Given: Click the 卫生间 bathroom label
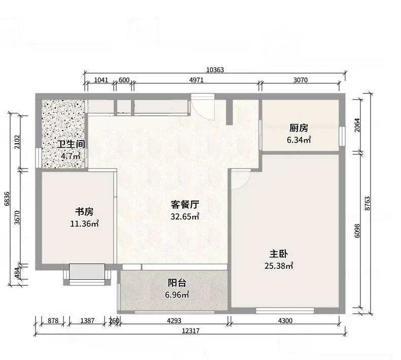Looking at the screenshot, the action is (71, 144).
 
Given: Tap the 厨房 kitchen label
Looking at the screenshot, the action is (298, 128).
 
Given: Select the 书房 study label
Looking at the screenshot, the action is (84, 212).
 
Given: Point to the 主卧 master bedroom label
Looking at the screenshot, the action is (279, 254).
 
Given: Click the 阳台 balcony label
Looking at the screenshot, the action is (177, 283).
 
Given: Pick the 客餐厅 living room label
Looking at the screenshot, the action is (185, 205).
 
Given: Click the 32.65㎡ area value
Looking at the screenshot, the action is (185, 216).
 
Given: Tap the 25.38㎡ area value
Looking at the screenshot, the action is (279, 266).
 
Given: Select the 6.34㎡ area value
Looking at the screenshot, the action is (298, 140).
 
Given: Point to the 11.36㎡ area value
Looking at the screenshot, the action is (84, 223).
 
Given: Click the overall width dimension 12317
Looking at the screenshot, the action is (190, 331).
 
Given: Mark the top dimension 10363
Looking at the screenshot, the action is (215, 70).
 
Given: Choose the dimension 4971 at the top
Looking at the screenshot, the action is (196, 80).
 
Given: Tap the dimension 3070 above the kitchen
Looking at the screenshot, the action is (300, 80).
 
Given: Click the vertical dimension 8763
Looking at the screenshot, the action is (367, 204).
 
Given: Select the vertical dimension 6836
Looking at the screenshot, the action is (7, 199).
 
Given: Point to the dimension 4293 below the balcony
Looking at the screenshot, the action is (174, 320).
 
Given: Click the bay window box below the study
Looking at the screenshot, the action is (87, 272).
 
